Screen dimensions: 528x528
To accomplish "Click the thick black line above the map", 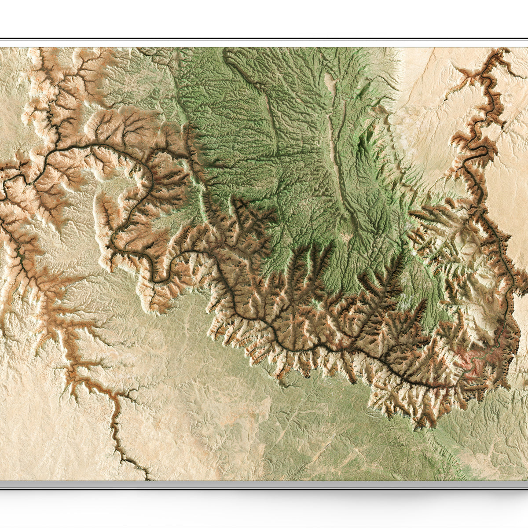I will pyautogui.click(x=264, y=39).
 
